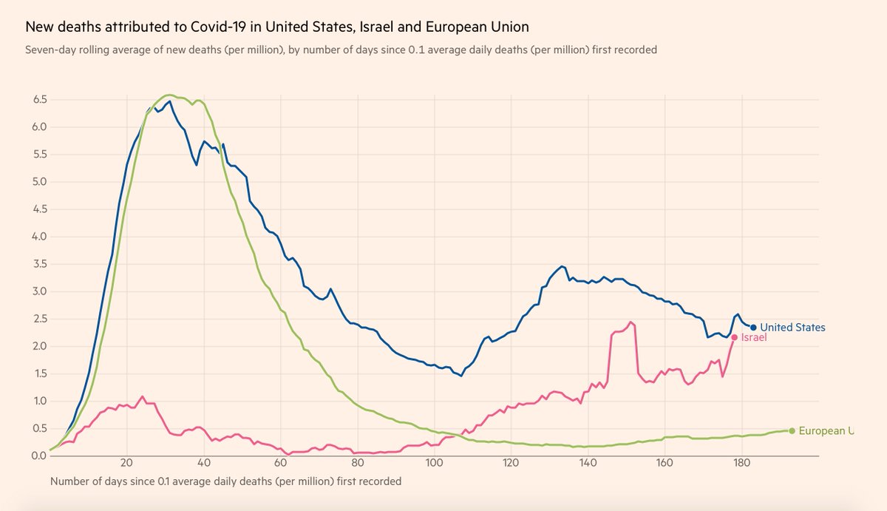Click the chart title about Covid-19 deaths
pos(277,27)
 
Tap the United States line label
pos(792,328)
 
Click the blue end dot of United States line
pos(753,328)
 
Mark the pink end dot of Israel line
pos(734,337)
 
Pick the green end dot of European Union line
pos(792,430)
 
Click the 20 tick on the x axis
pos(126,464)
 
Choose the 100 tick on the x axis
pos(434,464)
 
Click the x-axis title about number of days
pos(225,481)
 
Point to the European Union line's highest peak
pos(169,95)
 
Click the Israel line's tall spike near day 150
pos(631,322)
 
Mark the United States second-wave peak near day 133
pos(562,266)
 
